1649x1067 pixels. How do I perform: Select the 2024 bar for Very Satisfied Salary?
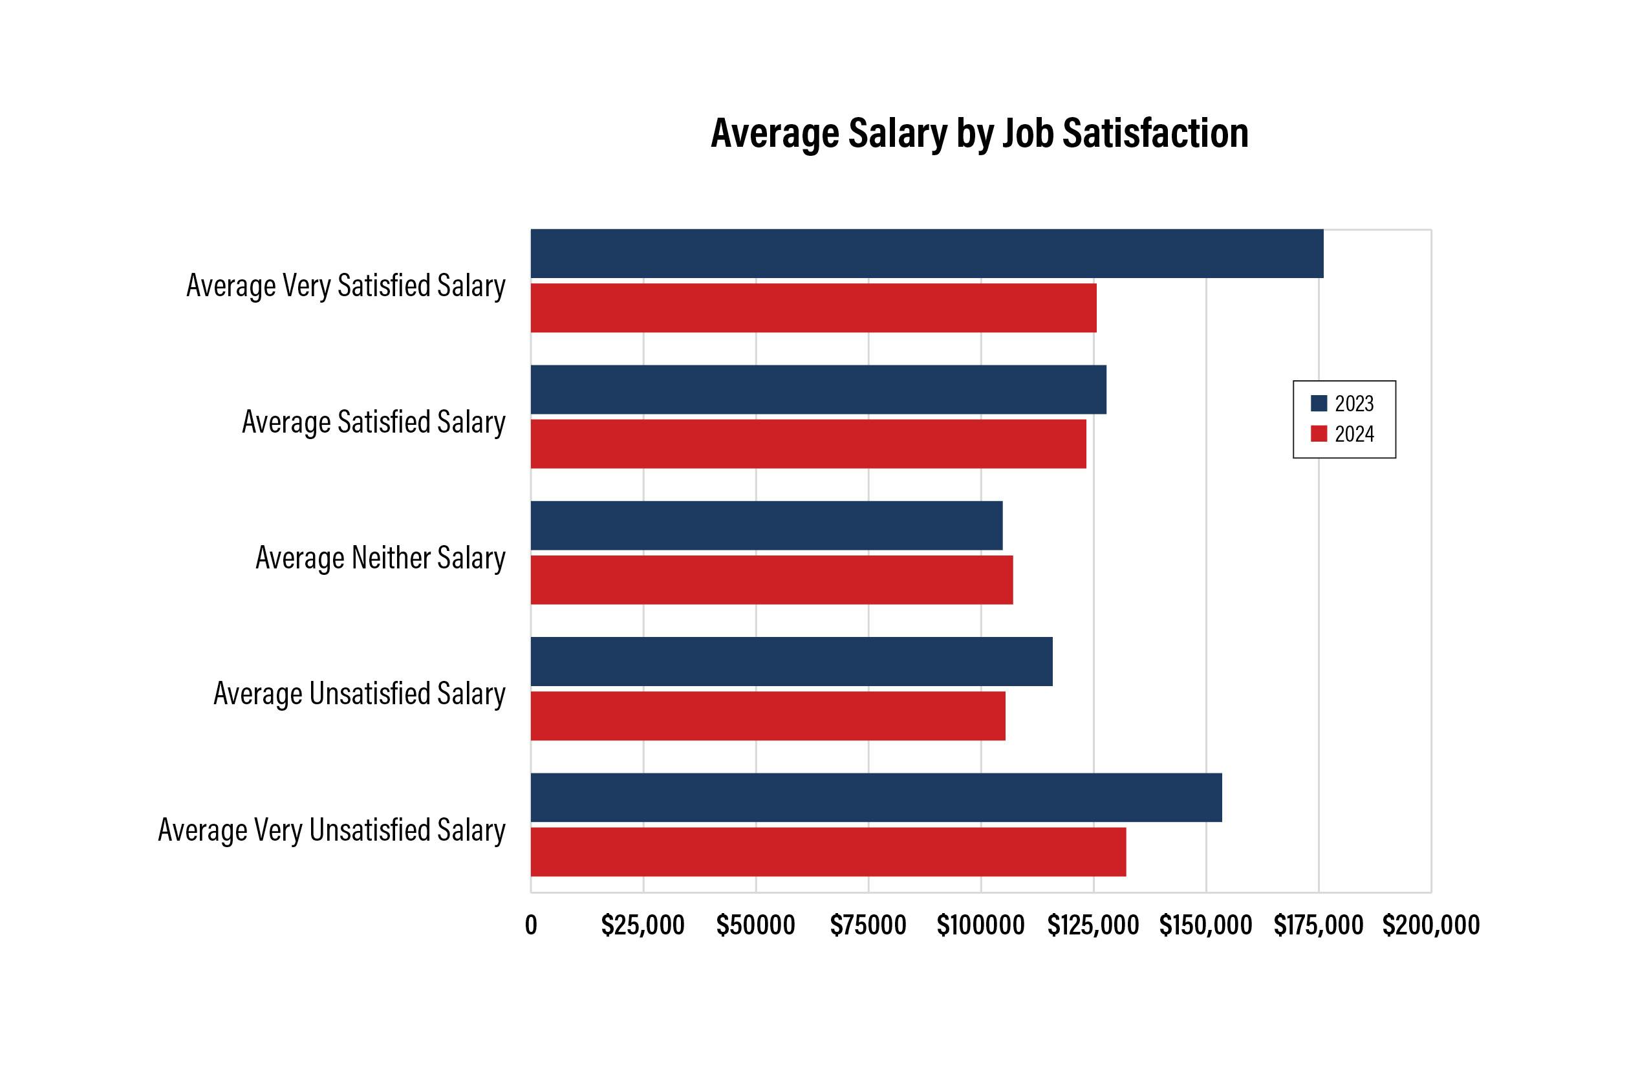tap(814, 308)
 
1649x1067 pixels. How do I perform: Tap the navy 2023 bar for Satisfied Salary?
tap(818, 389)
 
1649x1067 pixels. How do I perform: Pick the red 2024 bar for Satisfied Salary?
tap(808, 444)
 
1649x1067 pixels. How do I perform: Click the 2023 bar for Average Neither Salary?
tap(766, 525)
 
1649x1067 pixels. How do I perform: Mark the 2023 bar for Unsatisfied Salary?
tap(792, 661)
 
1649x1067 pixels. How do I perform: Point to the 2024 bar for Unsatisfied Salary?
tap(768, 716)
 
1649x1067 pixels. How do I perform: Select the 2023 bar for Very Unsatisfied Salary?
tap(876, 797)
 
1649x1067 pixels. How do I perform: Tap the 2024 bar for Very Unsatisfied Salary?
tap(828, 852)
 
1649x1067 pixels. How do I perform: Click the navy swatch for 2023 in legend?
tap(1319, 404)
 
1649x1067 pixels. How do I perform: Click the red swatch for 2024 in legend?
tap(1319, 434)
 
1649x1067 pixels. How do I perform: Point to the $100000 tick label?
tap(980, 925)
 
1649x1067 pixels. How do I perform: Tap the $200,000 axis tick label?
tap(1430, 925)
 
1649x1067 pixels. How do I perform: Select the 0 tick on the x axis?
tap(531, 925)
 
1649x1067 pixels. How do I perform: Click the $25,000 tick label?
tap(642, 925)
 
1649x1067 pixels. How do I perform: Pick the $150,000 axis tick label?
tap(1205, 925)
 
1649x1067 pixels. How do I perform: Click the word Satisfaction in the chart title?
tap(1155, 133)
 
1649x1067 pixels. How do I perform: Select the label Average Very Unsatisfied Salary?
tap(332, 830)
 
